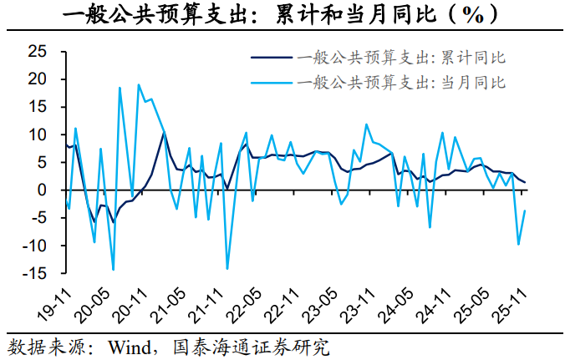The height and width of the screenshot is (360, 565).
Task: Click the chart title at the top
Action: coord(282,15)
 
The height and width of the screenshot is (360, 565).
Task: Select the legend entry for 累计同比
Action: coord(400,58)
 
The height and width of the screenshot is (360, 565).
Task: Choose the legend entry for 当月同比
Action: coord(400,82)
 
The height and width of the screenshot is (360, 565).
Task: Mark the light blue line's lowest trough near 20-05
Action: coord(113,270)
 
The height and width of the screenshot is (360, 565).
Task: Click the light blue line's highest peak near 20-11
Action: coord(138,84)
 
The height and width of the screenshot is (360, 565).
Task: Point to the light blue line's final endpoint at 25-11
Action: coord(525,210)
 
